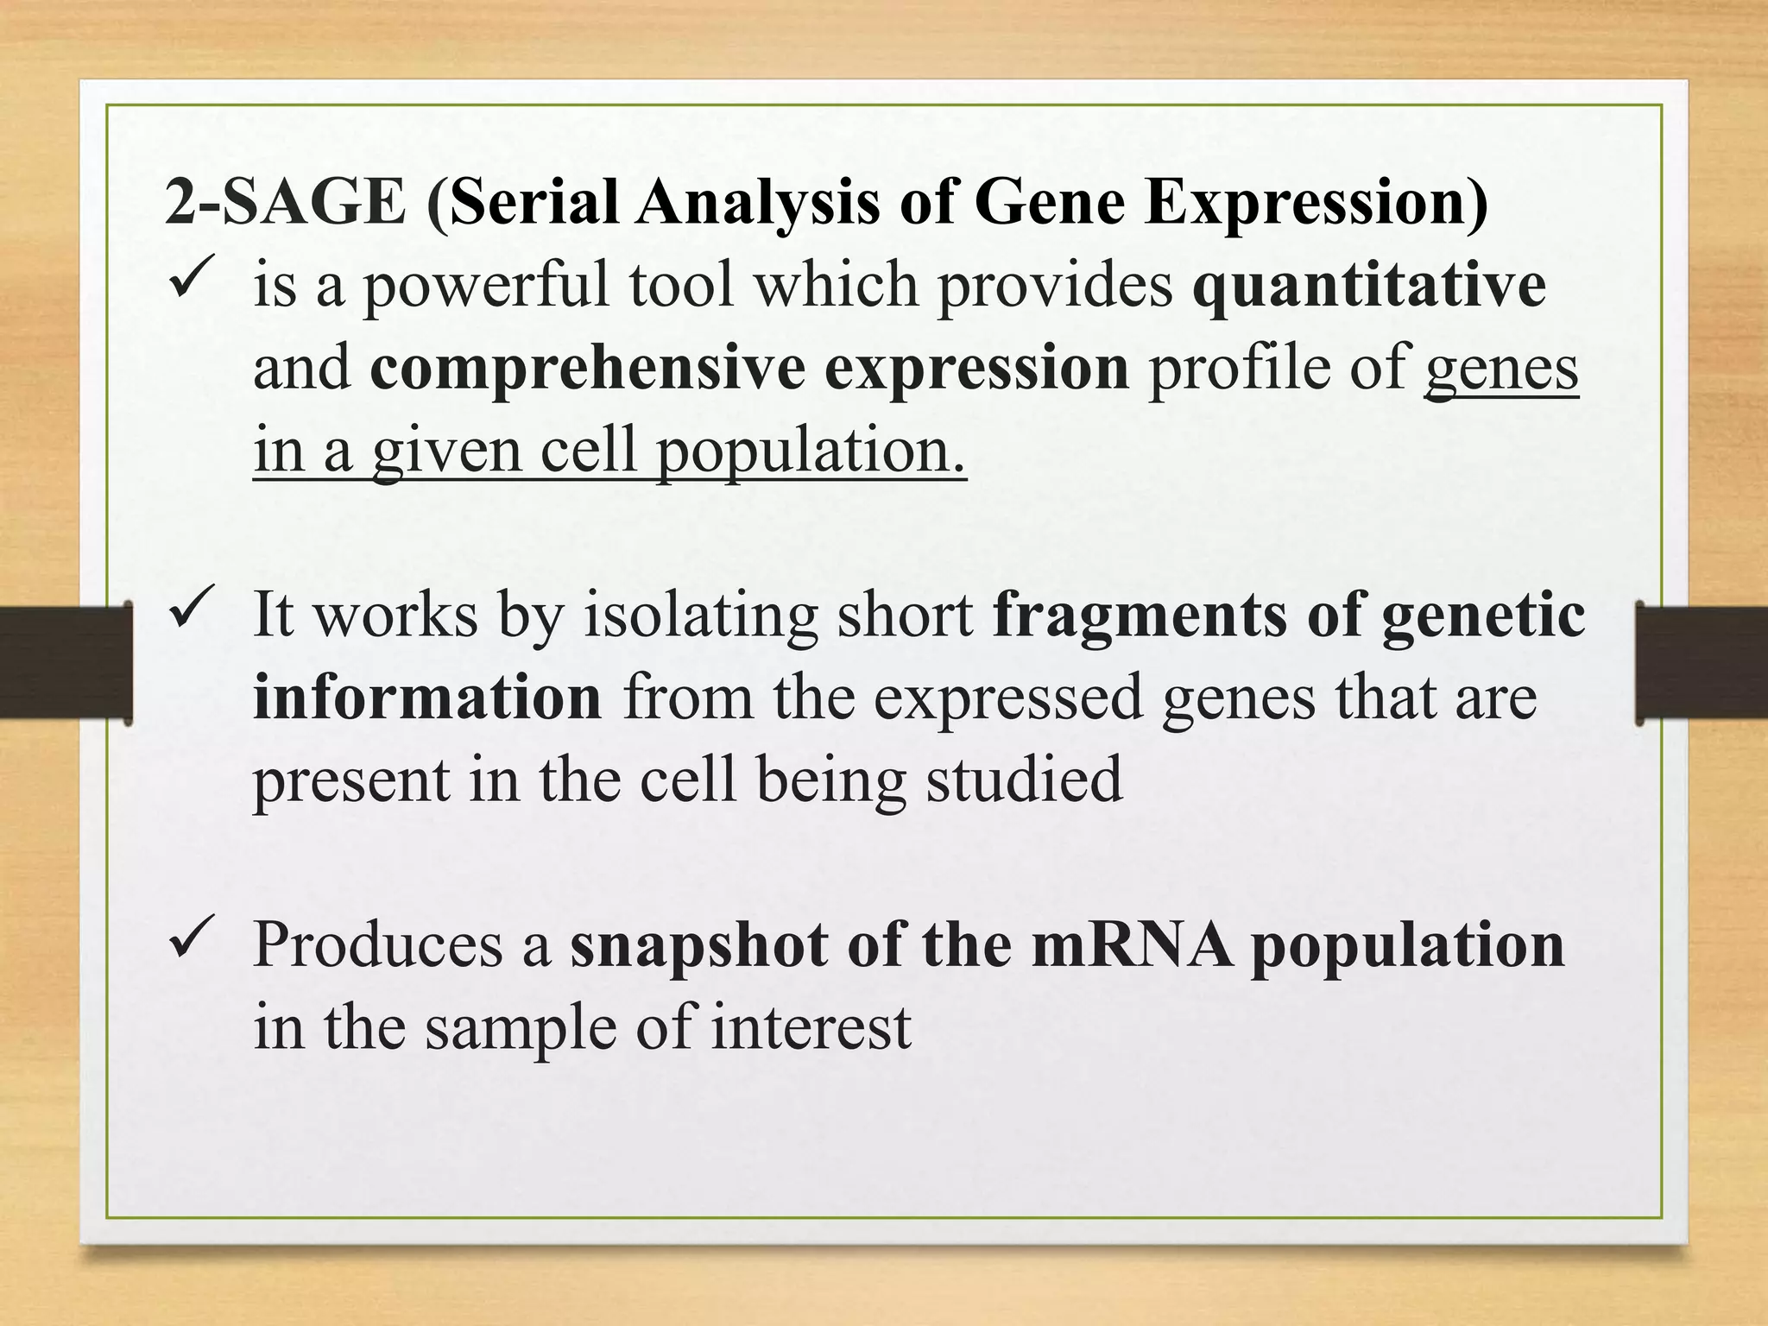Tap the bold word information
click(427, 698)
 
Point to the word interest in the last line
click(811, 1027)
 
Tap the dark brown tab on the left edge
click(65, 662)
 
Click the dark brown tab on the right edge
click(1702, 662)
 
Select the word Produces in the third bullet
click(378, 945)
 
